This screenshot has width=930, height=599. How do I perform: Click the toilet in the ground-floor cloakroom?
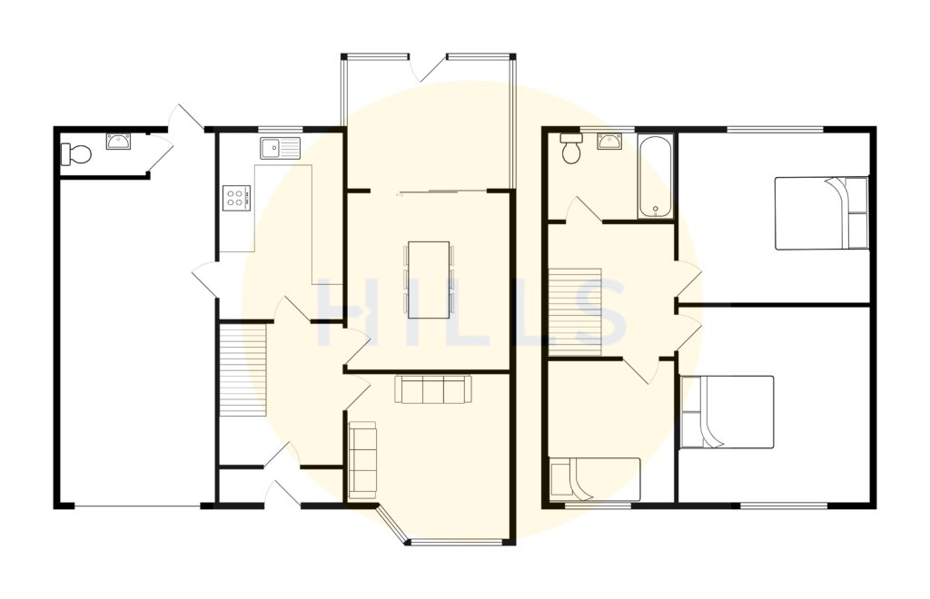coord(76,154)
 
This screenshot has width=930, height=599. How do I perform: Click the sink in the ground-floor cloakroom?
coord(119,141)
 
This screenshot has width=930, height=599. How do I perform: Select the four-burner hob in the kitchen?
coord(235,197)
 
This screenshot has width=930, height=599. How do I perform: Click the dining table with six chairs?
coord(429,280)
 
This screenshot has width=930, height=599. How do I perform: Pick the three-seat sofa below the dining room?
coord(433,390)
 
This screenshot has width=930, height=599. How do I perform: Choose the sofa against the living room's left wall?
coord(363,459)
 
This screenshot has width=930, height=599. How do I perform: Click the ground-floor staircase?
coord(242,371)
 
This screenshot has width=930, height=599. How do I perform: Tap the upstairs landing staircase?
coord(576,311)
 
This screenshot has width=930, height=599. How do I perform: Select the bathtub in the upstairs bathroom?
coord(655,177)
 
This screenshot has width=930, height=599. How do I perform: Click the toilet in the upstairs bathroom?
coord(571,149)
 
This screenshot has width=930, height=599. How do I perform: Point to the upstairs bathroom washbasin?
coord(609,141)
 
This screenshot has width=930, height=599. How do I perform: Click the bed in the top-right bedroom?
coord(821,213)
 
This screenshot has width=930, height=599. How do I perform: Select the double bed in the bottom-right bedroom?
coord(727,411)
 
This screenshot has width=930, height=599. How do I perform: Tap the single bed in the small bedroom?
coord(595,478)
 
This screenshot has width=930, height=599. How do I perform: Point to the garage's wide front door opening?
coord(137,505)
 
